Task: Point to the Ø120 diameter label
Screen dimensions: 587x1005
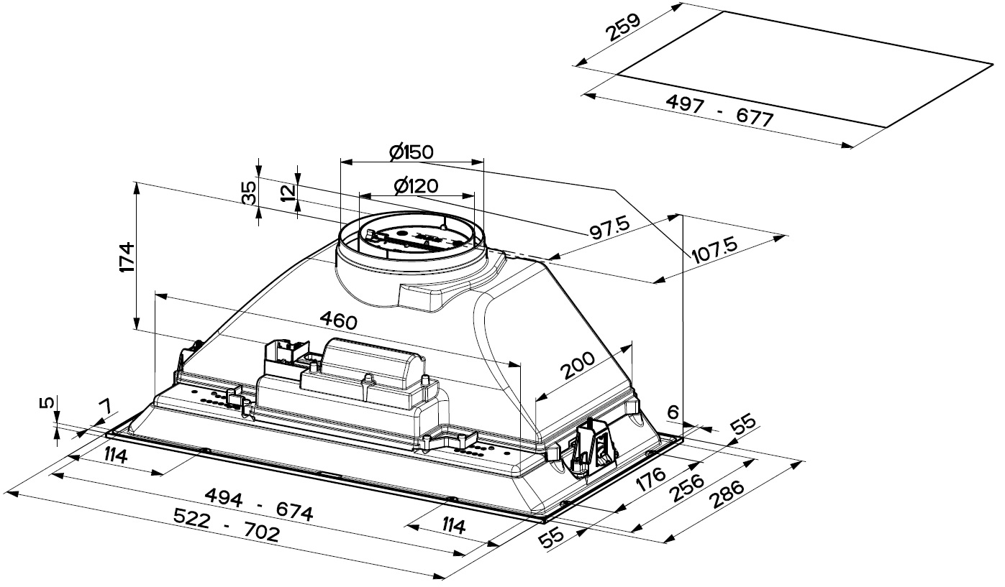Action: [416, 185]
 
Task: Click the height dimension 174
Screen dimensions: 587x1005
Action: [126, 256]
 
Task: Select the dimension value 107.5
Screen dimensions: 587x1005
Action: [715, 251]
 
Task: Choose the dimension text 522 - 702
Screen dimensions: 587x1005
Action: [227, 526]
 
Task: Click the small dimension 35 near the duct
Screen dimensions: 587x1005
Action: [249, 193]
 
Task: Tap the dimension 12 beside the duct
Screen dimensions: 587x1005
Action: [288, 193]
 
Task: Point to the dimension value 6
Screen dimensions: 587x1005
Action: [673, 412]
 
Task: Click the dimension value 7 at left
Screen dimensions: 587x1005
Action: [105, 408]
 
